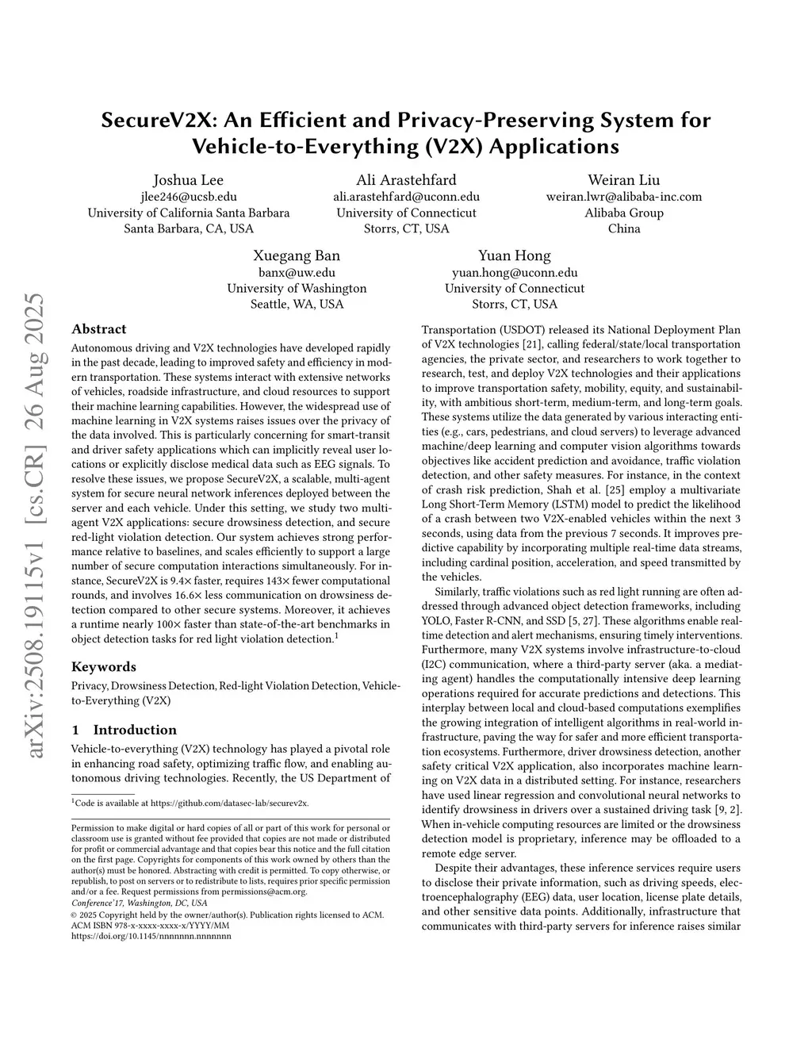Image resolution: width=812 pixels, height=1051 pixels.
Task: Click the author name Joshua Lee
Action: pyautogui.click(x=188, y=180)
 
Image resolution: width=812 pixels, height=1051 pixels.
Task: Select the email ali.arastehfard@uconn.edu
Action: pyautogui.click(x=406, y=197)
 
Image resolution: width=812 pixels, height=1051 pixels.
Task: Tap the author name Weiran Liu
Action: pyautogui.click(x=623, y=180)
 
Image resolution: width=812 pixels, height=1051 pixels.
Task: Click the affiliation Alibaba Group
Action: pyautogui.click(x=623, y=213)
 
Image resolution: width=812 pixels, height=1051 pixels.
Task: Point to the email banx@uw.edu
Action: pyautogui.click(x=297, y=272)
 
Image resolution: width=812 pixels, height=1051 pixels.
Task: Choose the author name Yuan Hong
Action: pyautogui.click(x=514, y=255)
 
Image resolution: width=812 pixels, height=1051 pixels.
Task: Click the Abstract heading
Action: pyautogui.click(x=98, y=329)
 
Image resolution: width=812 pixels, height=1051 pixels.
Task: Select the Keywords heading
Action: pyautogui.click(x=103, y=667)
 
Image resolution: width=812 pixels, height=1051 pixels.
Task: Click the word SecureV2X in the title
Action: pyautogui.click(x=159, y=121)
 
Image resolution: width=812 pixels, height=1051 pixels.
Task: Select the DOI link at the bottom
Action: pyautogui.click(x=151, y=936)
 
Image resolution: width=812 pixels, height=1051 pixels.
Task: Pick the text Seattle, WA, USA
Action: pyautogui.click(x=297, y=305)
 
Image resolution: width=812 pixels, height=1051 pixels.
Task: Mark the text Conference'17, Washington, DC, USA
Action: pyautogui.click(x=139, y=903)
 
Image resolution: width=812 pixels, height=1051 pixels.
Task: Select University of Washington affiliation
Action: pyautogui.click(x=297, y=289)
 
